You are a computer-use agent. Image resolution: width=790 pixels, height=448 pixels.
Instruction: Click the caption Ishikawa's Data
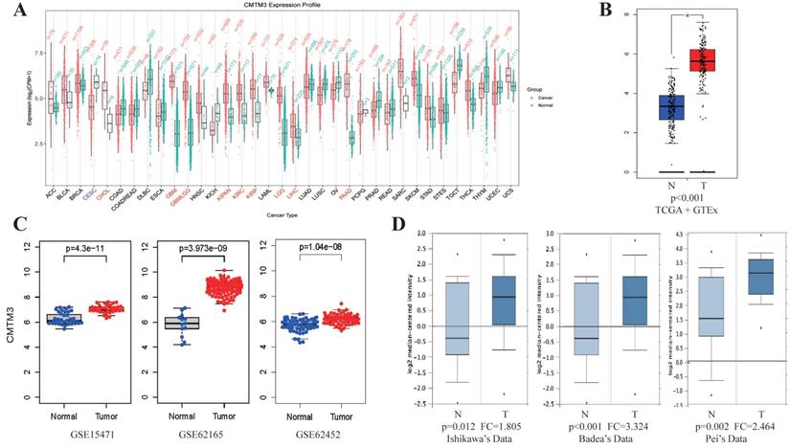(x=461, y=437)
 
